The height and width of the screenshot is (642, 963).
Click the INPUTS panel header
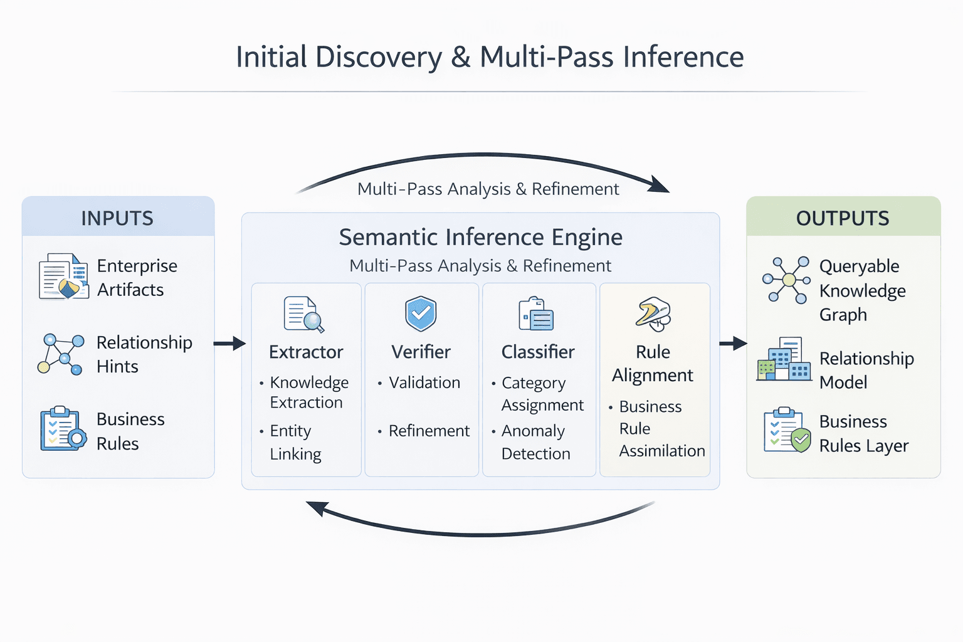pos(118,218)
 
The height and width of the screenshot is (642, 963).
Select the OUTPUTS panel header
pos(843,218)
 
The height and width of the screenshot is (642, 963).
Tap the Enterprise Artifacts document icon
pos(63,276)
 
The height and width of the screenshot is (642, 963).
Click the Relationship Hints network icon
pos(61,354)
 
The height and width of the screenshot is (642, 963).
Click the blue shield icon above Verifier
pos(421,313)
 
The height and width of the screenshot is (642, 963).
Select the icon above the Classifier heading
pos(536,313)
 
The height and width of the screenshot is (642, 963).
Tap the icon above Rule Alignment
pos(653,313)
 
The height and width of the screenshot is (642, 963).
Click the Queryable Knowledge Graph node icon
pos(786,280)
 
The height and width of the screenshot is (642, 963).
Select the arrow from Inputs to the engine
pos(229,343)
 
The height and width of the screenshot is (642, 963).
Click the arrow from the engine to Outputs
pos(733,343)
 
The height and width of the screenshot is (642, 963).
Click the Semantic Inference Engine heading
pos(480,237)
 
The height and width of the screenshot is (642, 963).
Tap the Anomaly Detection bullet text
pos(535,442)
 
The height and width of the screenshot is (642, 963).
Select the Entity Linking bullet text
pos(295,442)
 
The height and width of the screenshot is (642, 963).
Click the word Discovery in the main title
pos(379,57)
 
